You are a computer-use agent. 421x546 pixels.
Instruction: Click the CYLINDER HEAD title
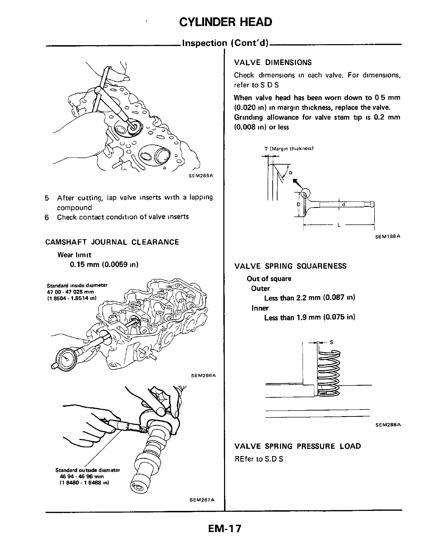225,22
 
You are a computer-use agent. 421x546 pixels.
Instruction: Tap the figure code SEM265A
200,176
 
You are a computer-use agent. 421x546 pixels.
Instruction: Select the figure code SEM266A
204,375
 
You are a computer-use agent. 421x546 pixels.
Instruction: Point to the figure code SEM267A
202,500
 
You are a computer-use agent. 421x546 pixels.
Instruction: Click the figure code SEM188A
388,236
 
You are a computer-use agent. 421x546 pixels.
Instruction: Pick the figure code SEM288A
388,424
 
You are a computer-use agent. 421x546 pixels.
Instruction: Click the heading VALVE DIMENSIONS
273,63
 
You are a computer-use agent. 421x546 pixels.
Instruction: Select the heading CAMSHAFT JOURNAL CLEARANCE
112,242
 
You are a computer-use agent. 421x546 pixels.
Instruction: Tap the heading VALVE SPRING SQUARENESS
290,266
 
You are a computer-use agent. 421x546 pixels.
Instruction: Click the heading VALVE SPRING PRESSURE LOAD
298,446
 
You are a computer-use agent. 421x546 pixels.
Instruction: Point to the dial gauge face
67,357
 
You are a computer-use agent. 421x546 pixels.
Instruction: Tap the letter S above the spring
331,342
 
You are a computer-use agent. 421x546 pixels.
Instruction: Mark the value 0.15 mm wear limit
104,265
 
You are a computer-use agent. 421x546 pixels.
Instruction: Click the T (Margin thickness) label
289,149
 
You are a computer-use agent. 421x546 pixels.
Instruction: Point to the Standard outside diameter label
88,470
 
